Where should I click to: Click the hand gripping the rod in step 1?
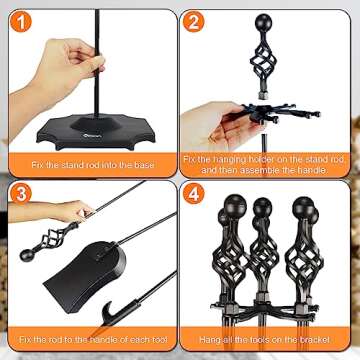(x=70, y=60)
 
